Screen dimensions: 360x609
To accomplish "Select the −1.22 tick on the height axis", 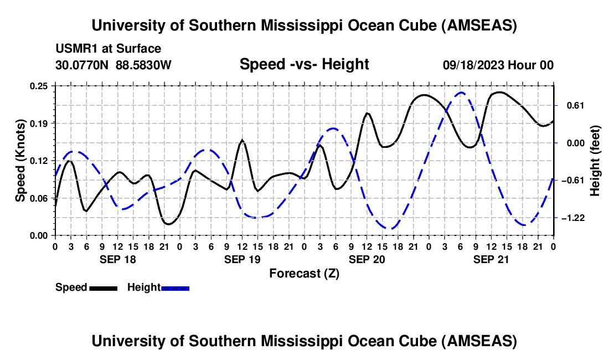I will (574, 218).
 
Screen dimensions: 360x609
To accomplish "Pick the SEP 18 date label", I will (117, 259).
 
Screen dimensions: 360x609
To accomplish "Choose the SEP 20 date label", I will (367, 259).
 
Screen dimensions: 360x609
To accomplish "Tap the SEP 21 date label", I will (491, 259).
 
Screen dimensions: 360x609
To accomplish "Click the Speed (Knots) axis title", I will (20, 161).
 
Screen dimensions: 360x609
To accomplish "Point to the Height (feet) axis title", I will (595, 161).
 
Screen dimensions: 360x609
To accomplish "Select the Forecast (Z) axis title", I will (304, 273).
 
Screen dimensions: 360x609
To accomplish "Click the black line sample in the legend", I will (103, 287).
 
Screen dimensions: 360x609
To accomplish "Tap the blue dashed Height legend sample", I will (175, 287).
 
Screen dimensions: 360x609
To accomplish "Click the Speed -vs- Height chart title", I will (304, 64).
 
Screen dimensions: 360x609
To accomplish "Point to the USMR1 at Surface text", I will (109, 49).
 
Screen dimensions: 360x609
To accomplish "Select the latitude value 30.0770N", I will (83, 65).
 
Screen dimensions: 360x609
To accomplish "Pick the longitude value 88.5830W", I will (144, 65).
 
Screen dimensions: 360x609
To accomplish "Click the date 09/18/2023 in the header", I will (473, 65).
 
